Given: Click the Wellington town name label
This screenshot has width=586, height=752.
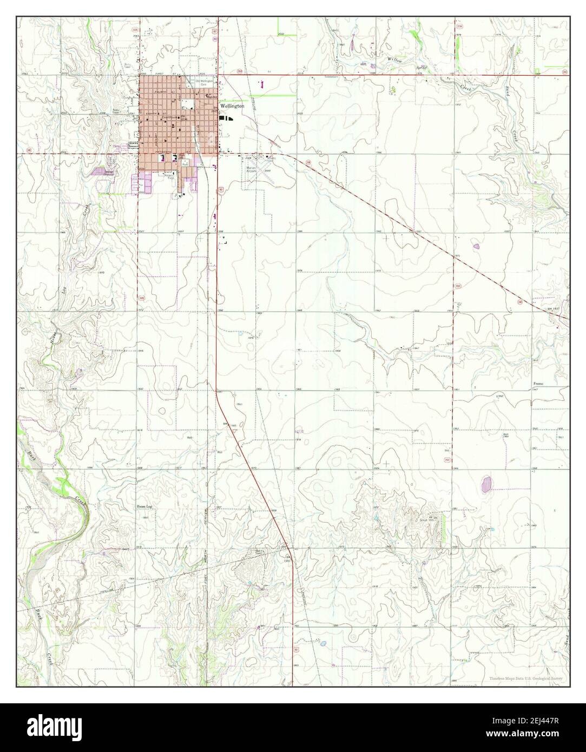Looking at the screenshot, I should click(x=232, y=107).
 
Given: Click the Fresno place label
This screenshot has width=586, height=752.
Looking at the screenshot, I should click(x=538, y=384).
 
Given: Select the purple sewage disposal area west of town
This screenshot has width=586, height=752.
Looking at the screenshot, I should click(x=101, y=171).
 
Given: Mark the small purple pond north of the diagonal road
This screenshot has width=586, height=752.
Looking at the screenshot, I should click(x=477, y=246).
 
